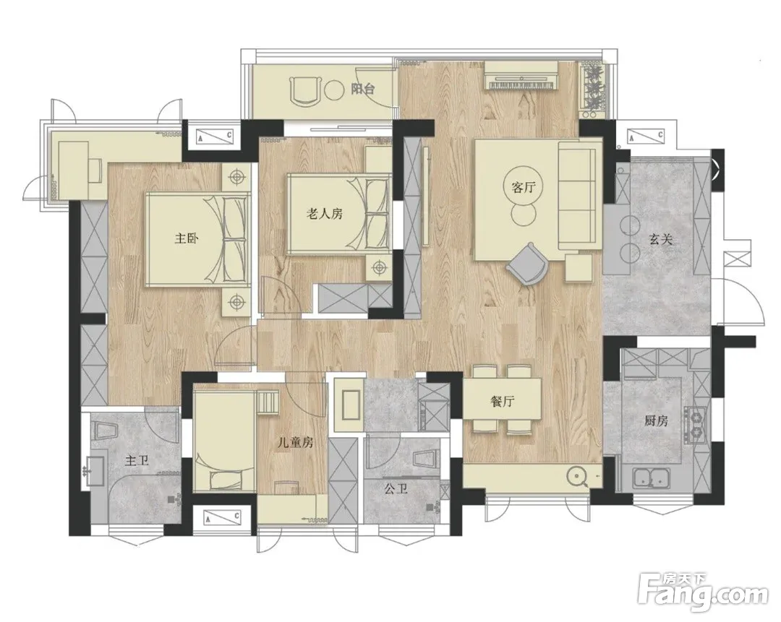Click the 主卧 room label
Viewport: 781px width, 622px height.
(187, 239)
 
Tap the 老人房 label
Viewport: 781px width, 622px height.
(324, 215)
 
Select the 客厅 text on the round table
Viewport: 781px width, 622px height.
(523, 188)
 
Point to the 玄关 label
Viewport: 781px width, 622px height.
(661, 240)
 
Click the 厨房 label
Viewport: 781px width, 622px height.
(656, 421)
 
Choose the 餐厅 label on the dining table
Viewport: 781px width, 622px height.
(502, 402)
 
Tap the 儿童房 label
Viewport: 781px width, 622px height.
(295, 442)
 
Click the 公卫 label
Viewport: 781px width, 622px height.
(396, 488)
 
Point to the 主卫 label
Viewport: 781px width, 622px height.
(137, 461)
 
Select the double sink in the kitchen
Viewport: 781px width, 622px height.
(652, 478)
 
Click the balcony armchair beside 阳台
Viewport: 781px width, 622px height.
(306, 91)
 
